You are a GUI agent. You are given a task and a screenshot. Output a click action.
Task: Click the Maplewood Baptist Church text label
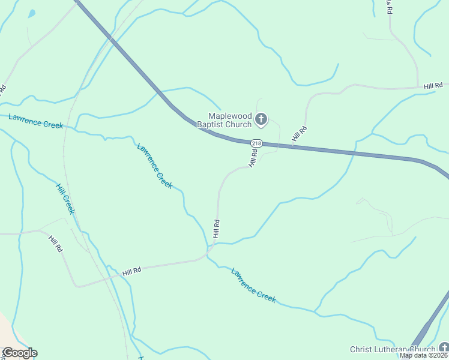(229, 120)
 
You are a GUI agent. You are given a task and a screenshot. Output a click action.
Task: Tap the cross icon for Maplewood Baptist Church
(261, 119)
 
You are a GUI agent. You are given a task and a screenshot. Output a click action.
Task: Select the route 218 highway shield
(256, 143)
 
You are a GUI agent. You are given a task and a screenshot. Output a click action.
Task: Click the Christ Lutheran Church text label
(393, 349)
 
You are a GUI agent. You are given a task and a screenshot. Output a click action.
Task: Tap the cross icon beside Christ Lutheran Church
(443, 348)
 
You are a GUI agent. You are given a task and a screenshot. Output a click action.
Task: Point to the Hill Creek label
(65, 199)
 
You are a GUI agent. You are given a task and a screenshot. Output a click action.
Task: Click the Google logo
(19, 353)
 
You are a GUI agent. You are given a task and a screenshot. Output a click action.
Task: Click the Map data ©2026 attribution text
(424, 355)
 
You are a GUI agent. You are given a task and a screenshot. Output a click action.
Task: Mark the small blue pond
(31, 13)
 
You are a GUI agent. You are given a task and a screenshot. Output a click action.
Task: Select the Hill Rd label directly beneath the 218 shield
(253, 158)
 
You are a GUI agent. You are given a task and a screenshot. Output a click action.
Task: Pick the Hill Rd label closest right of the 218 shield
(300, 134)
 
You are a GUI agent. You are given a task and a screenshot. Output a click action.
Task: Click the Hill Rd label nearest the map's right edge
(432, 86)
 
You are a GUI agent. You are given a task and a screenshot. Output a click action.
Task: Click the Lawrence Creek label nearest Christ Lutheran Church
(253, 284)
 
